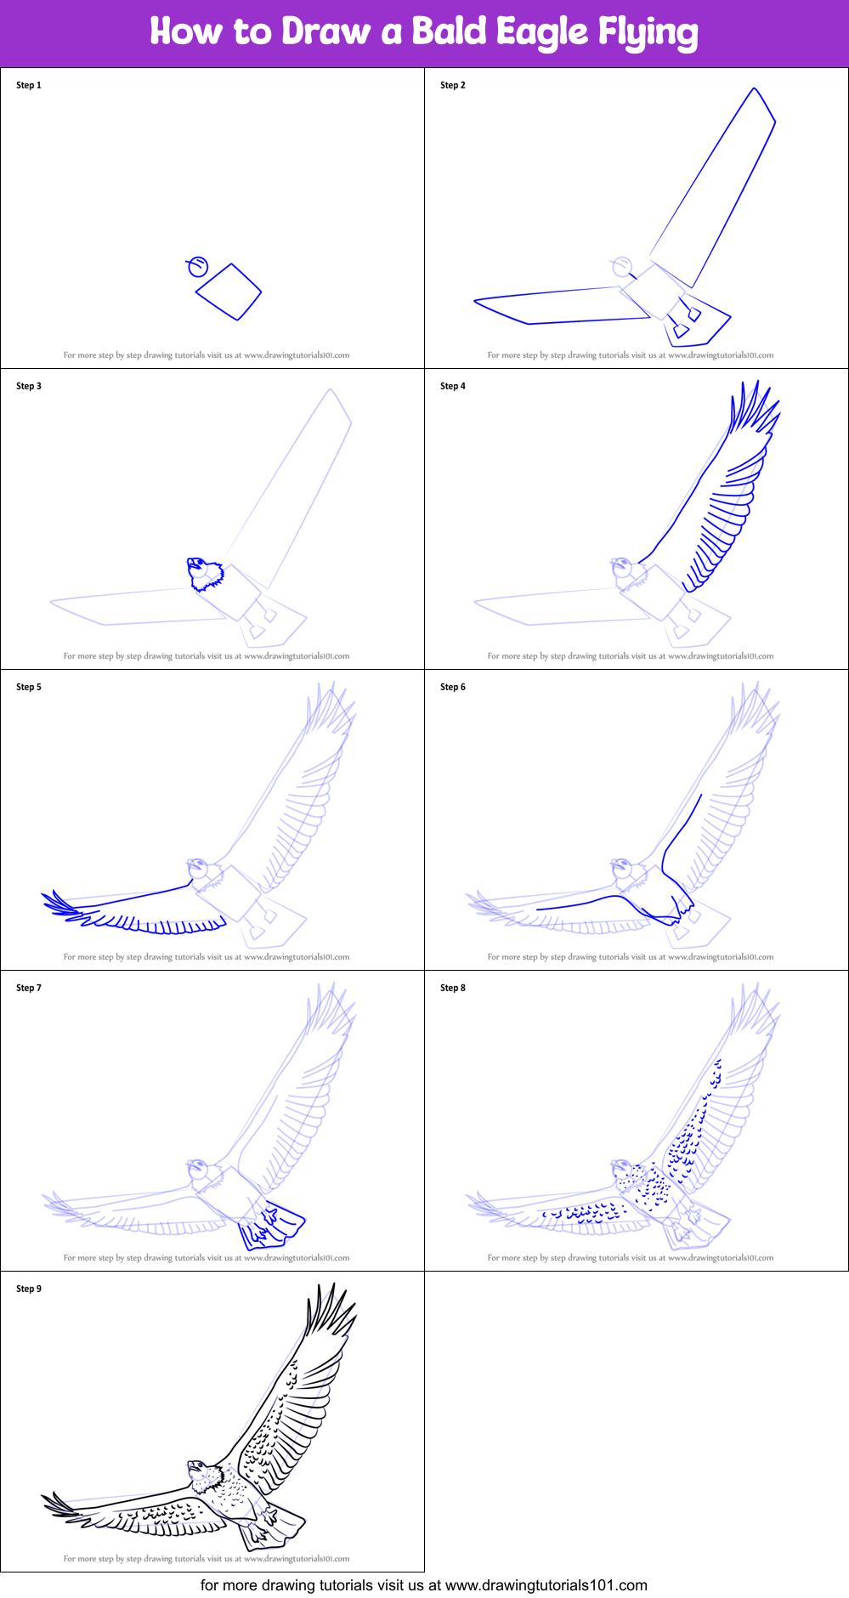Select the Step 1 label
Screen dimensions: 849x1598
pos(29,85)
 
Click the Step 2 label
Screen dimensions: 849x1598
pos(453,85)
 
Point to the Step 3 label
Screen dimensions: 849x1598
pos(29,386)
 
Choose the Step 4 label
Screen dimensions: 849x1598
pos(453,386)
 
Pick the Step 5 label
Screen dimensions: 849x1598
pos(29,687)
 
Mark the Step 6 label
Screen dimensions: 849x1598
pos(453,687)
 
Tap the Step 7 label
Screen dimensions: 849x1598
pos(29,988)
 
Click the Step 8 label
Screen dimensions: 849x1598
pos(453,988)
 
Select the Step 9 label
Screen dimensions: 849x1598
pos(29,1289)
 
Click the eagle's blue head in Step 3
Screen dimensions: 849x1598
pos(205,574)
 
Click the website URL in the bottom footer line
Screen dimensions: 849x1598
pos(546,1584)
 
